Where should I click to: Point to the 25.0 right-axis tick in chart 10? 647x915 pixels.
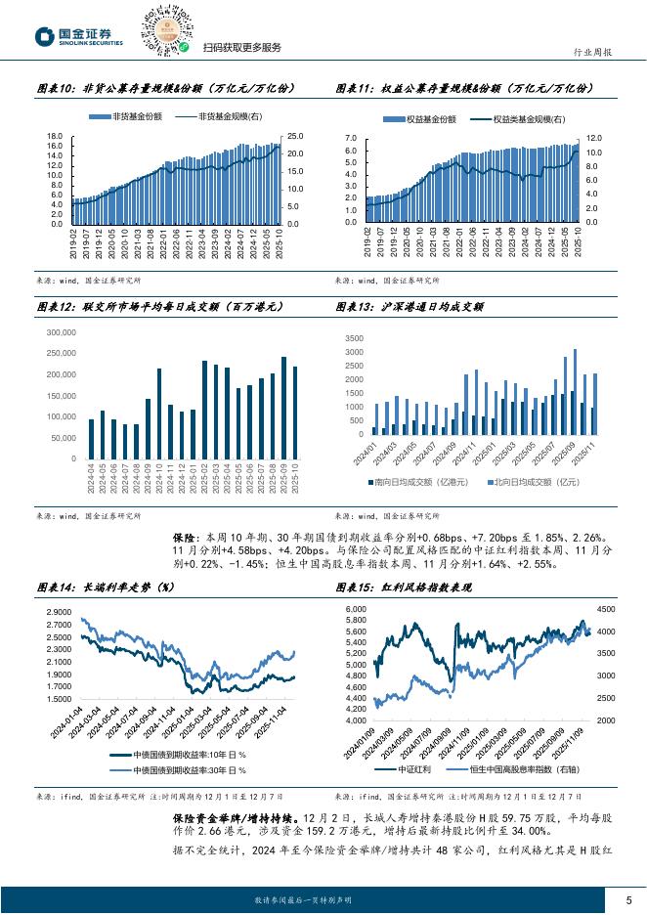[294, 137]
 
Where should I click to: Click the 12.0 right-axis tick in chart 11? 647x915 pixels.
[596, 139]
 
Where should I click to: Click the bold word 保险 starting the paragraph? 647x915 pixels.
[185, 537]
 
